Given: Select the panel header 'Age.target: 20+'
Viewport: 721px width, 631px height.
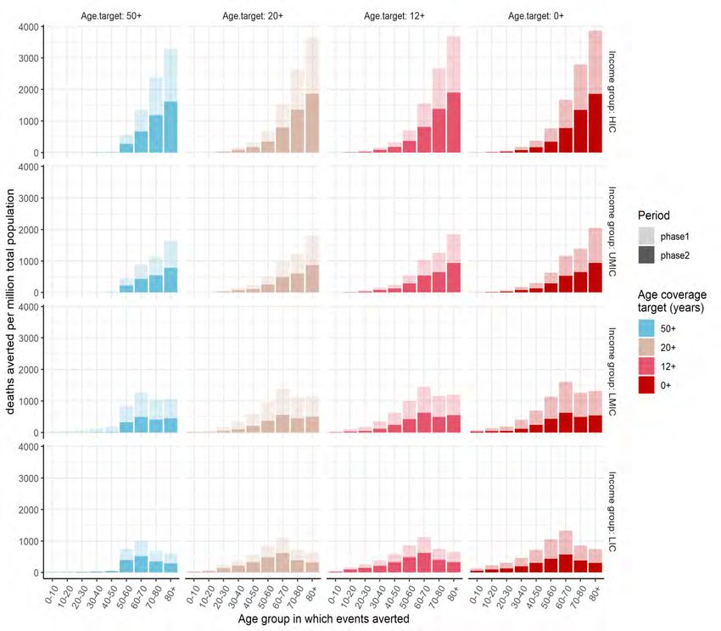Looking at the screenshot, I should [253, 15].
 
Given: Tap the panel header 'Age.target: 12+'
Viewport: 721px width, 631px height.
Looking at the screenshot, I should [394, 15].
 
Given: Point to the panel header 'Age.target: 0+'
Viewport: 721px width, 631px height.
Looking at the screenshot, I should [535, 15].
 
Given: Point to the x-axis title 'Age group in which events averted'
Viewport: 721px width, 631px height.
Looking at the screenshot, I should [325, 620].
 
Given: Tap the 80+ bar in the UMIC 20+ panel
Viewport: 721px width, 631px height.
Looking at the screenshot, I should [311, 265].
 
